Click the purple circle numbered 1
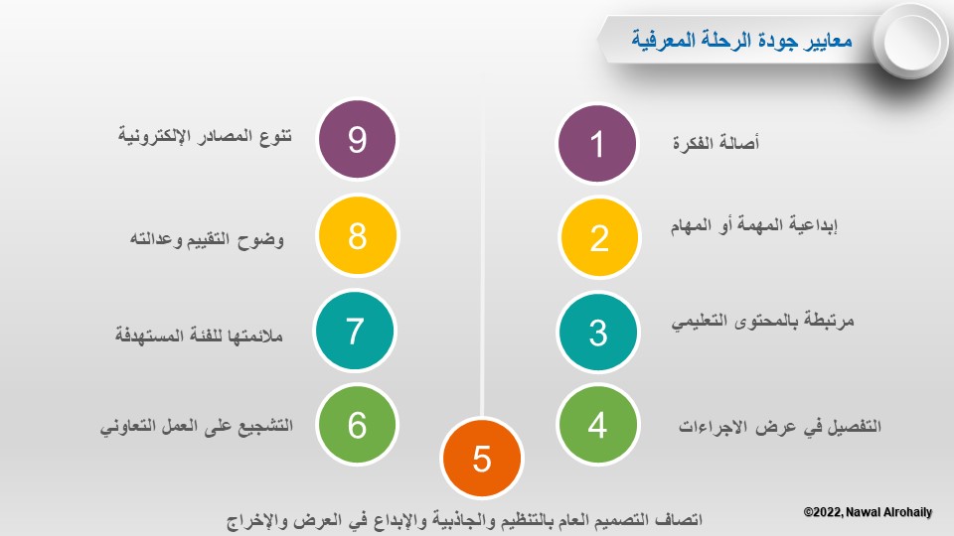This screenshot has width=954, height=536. pyautogui.click(x=597, y=143)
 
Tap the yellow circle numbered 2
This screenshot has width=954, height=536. pyautogui.click(x=599, y=237)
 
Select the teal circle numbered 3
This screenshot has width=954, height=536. pyautogui.click(x=598, y=332)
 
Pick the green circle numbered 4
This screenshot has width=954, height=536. pyautogui.click(x=597, y=424)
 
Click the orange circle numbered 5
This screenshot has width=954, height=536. pyautogui.click(x=482, y=458)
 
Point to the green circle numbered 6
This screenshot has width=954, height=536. pyautogui.click(x=357, y=424)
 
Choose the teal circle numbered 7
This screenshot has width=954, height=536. pyautogui.click(x=356, y=331)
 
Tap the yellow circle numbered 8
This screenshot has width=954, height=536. pyautogui.click(x=357, y=235)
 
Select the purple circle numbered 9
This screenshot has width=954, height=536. pyautogui.click(x=357, y=139)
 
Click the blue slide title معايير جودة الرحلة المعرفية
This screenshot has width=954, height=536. pyautogui.click(x=741, y=40)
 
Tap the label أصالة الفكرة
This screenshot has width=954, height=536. pyautogui.click(x=715, y=143)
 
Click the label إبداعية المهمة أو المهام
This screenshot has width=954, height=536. pyautogui.click(x=754, y=225)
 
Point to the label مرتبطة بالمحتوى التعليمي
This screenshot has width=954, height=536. pyautogui.click(x=763, y=321)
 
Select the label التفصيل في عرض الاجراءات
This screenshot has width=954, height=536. pyautogui.click(x=780, y=426)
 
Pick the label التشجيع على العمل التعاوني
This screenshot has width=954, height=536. pyautogui.click(x=197, y=426)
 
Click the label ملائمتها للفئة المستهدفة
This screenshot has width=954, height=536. pyautogui.click(x=199, y=335)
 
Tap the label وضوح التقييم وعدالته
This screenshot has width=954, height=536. pyautogui.click(x=207, y=239)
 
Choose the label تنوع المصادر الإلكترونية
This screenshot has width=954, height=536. pyautogui.click(x=205, y=136)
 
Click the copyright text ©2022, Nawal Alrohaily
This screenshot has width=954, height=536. pyautogui.click(x=868, y=512)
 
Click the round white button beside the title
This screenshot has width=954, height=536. pyautogui.click(x=911, y=41)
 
